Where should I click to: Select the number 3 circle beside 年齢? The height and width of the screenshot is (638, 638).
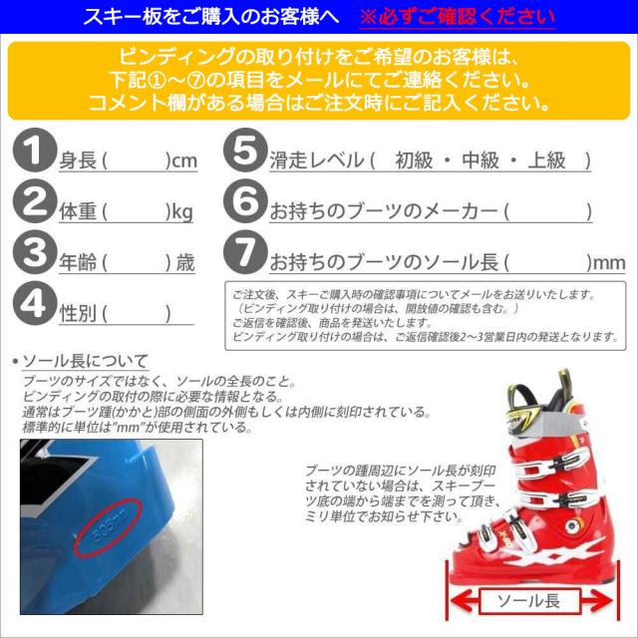(x=36, y=254)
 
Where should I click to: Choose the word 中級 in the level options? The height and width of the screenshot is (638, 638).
(x=484, y=160)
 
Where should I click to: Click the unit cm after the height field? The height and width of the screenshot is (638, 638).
(x=184, y=160)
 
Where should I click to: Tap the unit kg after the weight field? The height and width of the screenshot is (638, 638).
(x=182, y=212)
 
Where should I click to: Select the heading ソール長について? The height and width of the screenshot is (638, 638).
(x=85, y=361)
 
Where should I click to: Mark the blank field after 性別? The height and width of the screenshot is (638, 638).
(x=135, y=314)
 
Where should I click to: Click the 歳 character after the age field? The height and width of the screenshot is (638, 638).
(x=185, y=263)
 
